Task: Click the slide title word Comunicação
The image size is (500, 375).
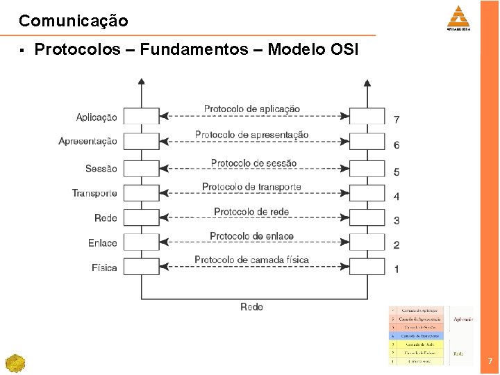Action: click(73, 21)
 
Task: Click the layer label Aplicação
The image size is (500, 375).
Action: click(97, 117)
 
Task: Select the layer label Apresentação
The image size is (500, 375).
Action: click(87, 142)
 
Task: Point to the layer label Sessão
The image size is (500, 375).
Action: click(101, 169)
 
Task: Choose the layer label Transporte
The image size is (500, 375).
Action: click(94, 193)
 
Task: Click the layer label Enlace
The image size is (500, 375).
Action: click(103, 243)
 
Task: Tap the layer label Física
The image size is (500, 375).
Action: click(104, 267)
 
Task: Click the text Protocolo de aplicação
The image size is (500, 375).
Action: click(252, 109)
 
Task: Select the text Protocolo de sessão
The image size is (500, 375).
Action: click(253, 163)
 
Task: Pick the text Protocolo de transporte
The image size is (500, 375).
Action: click(251, 187)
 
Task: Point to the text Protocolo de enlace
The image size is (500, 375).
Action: click(251, 236)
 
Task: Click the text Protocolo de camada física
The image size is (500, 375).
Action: click(251, 260)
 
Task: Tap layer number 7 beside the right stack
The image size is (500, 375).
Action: click(397, 119)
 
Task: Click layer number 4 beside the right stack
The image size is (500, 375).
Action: click(397, 197)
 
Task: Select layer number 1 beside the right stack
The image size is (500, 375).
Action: click(397, 269)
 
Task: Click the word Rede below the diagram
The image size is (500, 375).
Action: click(251, 307)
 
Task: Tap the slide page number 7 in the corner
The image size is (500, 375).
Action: click(490, 361)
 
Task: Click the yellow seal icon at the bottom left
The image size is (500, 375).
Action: click(15, 363)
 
